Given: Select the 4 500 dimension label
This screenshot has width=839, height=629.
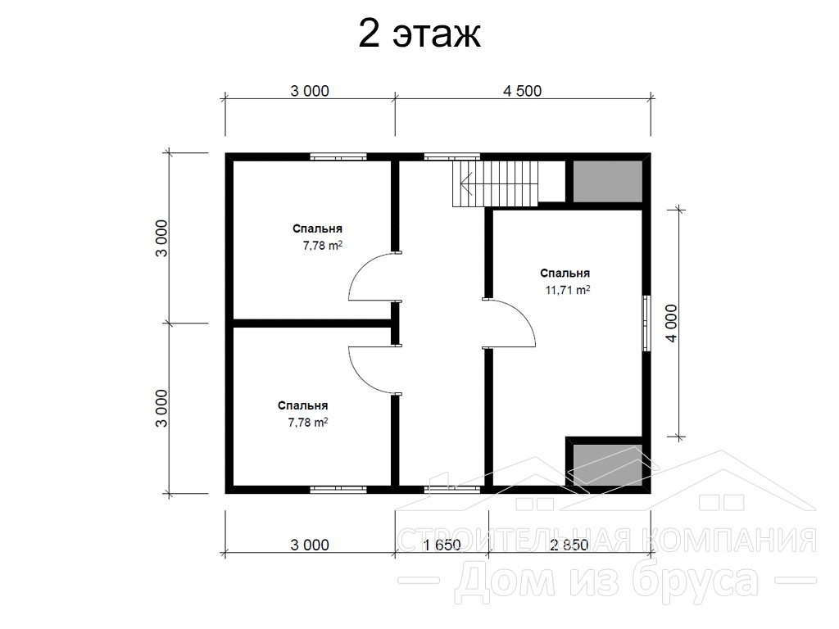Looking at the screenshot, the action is (x=522, y=91).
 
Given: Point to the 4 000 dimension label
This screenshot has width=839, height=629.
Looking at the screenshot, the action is (x=671, y=323).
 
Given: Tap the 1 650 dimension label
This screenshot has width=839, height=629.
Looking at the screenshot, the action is (x=442, y=545).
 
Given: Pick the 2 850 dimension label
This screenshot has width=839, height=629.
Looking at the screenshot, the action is (x=569, y=545).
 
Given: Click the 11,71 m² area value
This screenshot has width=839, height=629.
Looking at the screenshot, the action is (x=568, y=290).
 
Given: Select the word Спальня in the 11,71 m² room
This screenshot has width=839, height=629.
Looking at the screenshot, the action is (x=565, y=274).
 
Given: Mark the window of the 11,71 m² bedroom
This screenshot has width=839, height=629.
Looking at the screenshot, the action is (x=646, y=324).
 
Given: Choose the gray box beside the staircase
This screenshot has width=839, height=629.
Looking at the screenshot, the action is (x=608, y=181).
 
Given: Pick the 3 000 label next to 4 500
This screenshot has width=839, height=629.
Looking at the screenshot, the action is (x=310, y=91).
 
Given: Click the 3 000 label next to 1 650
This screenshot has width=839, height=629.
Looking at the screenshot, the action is (x=310, y=545).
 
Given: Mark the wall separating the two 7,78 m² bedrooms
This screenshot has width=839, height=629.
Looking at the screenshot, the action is (x=312, y=323).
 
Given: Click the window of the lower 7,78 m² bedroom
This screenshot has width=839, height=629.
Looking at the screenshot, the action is (x=338, y=489).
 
